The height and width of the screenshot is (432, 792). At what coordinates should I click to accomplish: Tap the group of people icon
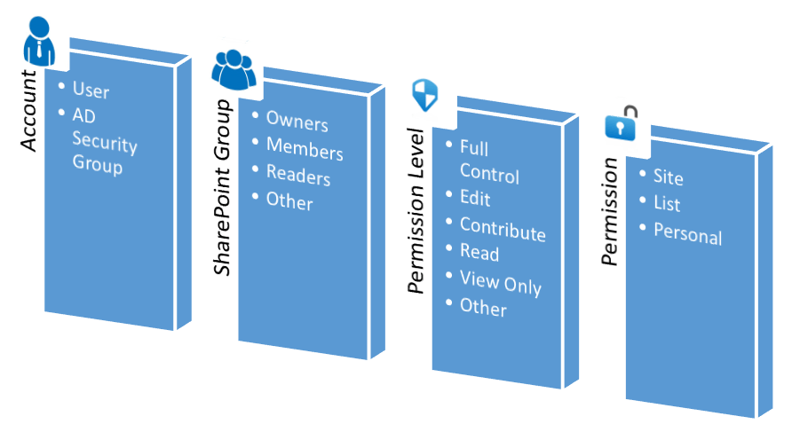[233, 69]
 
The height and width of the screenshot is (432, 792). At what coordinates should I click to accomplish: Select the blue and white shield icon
[424, 94]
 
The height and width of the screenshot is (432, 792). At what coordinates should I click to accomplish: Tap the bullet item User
[91, 90]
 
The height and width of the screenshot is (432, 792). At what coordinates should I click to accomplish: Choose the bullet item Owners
[297, 123]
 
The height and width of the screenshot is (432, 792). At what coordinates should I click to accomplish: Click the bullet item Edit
[475, 199]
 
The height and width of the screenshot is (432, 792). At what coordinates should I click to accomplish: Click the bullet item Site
[668, 177]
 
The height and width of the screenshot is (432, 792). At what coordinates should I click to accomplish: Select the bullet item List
[667, 205]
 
